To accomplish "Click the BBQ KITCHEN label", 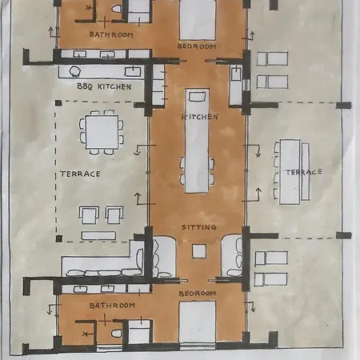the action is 104,86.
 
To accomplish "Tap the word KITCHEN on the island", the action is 200,117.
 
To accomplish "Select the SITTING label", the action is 199,227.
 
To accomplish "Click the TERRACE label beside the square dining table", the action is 80,174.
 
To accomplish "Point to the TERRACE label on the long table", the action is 304,172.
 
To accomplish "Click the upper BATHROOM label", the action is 111,34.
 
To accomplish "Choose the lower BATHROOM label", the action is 112,306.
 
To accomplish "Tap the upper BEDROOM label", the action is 197,46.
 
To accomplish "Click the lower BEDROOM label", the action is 198,294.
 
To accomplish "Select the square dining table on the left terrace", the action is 102,132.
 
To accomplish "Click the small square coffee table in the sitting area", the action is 199,251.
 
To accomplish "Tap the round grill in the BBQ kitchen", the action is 74,71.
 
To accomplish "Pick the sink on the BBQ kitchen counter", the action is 133,71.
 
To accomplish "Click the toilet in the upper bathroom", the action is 117,9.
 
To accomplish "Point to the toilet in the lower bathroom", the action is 117,334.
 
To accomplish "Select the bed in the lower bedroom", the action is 198,322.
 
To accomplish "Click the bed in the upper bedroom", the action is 198,20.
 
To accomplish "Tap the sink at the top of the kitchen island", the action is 197,97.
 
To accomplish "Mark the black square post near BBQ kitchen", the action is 58,103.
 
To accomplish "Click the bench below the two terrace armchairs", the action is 98,235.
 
